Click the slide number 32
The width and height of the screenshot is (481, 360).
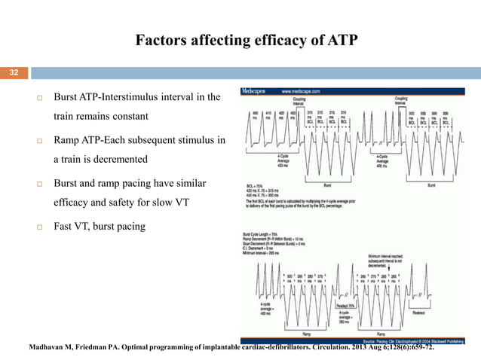tap(13, 73)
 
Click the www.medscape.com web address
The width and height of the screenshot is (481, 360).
tap(302, 90)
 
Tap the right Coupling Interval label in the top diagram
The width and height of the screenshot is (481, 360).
tap(400, 101)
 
